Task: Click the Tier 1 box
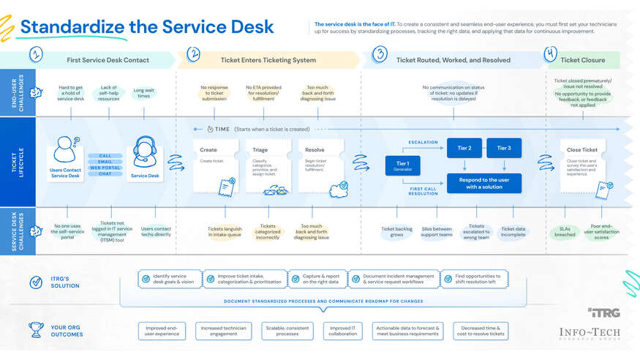(x=403, y=166)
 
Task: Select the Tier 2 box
(x=464, y=149)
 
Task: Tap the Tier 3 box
(x=504, y=149)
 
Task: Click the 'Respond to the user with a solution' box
(x=483, y=183)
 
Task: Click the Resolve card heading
(x=315, y=150)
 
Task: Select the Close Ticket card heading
(x=582, y=150)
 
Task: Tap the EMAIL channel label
(x=105, y=162)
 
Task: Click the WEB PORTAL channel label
(x=105, y=168)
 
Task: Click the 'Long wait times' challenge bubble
(x=143, y=93)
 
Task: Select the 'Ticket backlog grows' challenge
(x=397, y=232)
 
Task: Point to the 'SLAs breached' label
(x=565, y=232)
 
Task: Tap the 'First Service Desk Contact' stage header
(x=108, y=60)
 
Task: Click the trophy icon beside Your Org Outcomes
(x=36, y=330)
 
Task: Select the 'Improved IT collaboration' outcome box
(x=343, y=331)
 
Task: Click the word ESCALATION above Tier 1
(x=423, y=143)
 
